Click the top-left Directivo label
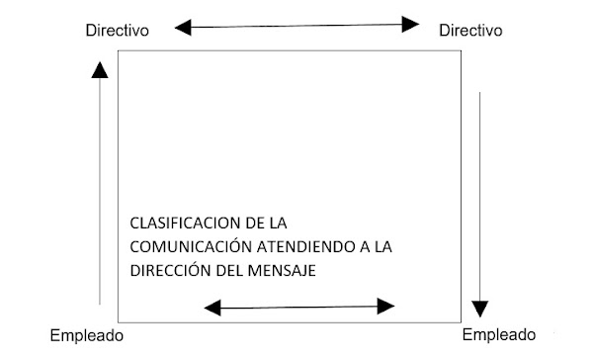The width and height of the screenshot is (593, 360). pyautogui.click(x=117, y=31)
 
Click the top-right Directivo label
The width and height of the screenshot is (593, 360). pyautogui.click(x=471, y=31)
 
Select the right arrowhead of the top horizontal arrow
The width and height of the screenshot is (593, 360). pyautogui.click(x=414, y=24)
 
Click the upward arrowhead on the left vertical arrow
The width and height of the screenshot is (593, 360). pyautogui.click(x=99, y=68)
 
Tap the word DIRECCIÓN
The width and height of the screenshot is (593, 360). pyautogui.click(x=169, y=269)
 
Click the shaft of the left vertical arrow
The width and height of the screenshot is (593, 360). pyautogui.click(x=100, y=188)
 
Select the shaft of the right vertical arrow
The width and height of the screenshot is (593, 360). pyautogui.click(x=481, y=188)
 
